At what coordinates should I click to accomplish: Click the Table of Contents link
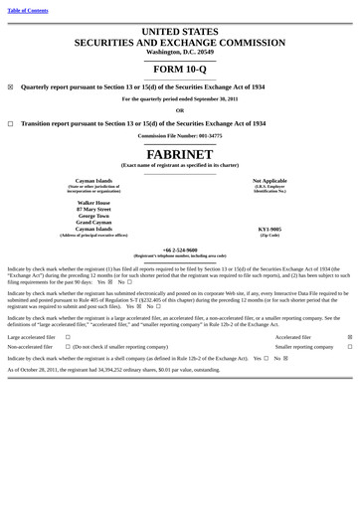[28, 10]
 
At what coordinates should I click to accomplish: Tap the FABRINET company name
[180, 154]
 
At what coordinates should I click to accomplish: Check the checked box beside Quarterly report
[10, 86]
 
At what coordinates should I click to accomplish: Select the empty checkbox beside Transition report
[10, 123]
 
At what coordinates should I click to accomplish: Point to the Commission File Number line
[180, 135]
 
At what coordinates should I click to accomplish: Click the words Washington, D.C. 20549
[180, 52]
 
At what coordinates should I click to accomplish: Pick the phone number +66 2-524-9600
[180, 250]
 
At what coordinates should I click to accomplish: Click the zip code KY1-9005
[270, 229]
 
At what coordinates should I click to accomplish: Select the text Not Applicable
[270, 181]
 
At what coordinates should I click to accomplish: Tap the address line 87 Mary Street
[94, 210]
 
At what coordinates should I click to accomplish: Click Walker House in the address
[94, 202]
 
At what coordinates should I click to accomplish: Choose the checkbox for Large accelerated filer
[68, 337]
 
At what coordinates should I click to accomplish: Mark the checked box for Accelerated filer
[349, 337]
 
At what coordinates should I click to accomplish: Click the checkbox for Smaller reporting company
[349, 347]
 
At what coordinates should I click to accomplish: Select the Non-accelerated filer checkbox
[68, 347]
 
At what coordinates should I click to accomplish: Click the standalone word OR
[180, 110]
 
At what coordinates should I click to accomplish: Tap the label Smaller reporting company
[304, 347]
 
